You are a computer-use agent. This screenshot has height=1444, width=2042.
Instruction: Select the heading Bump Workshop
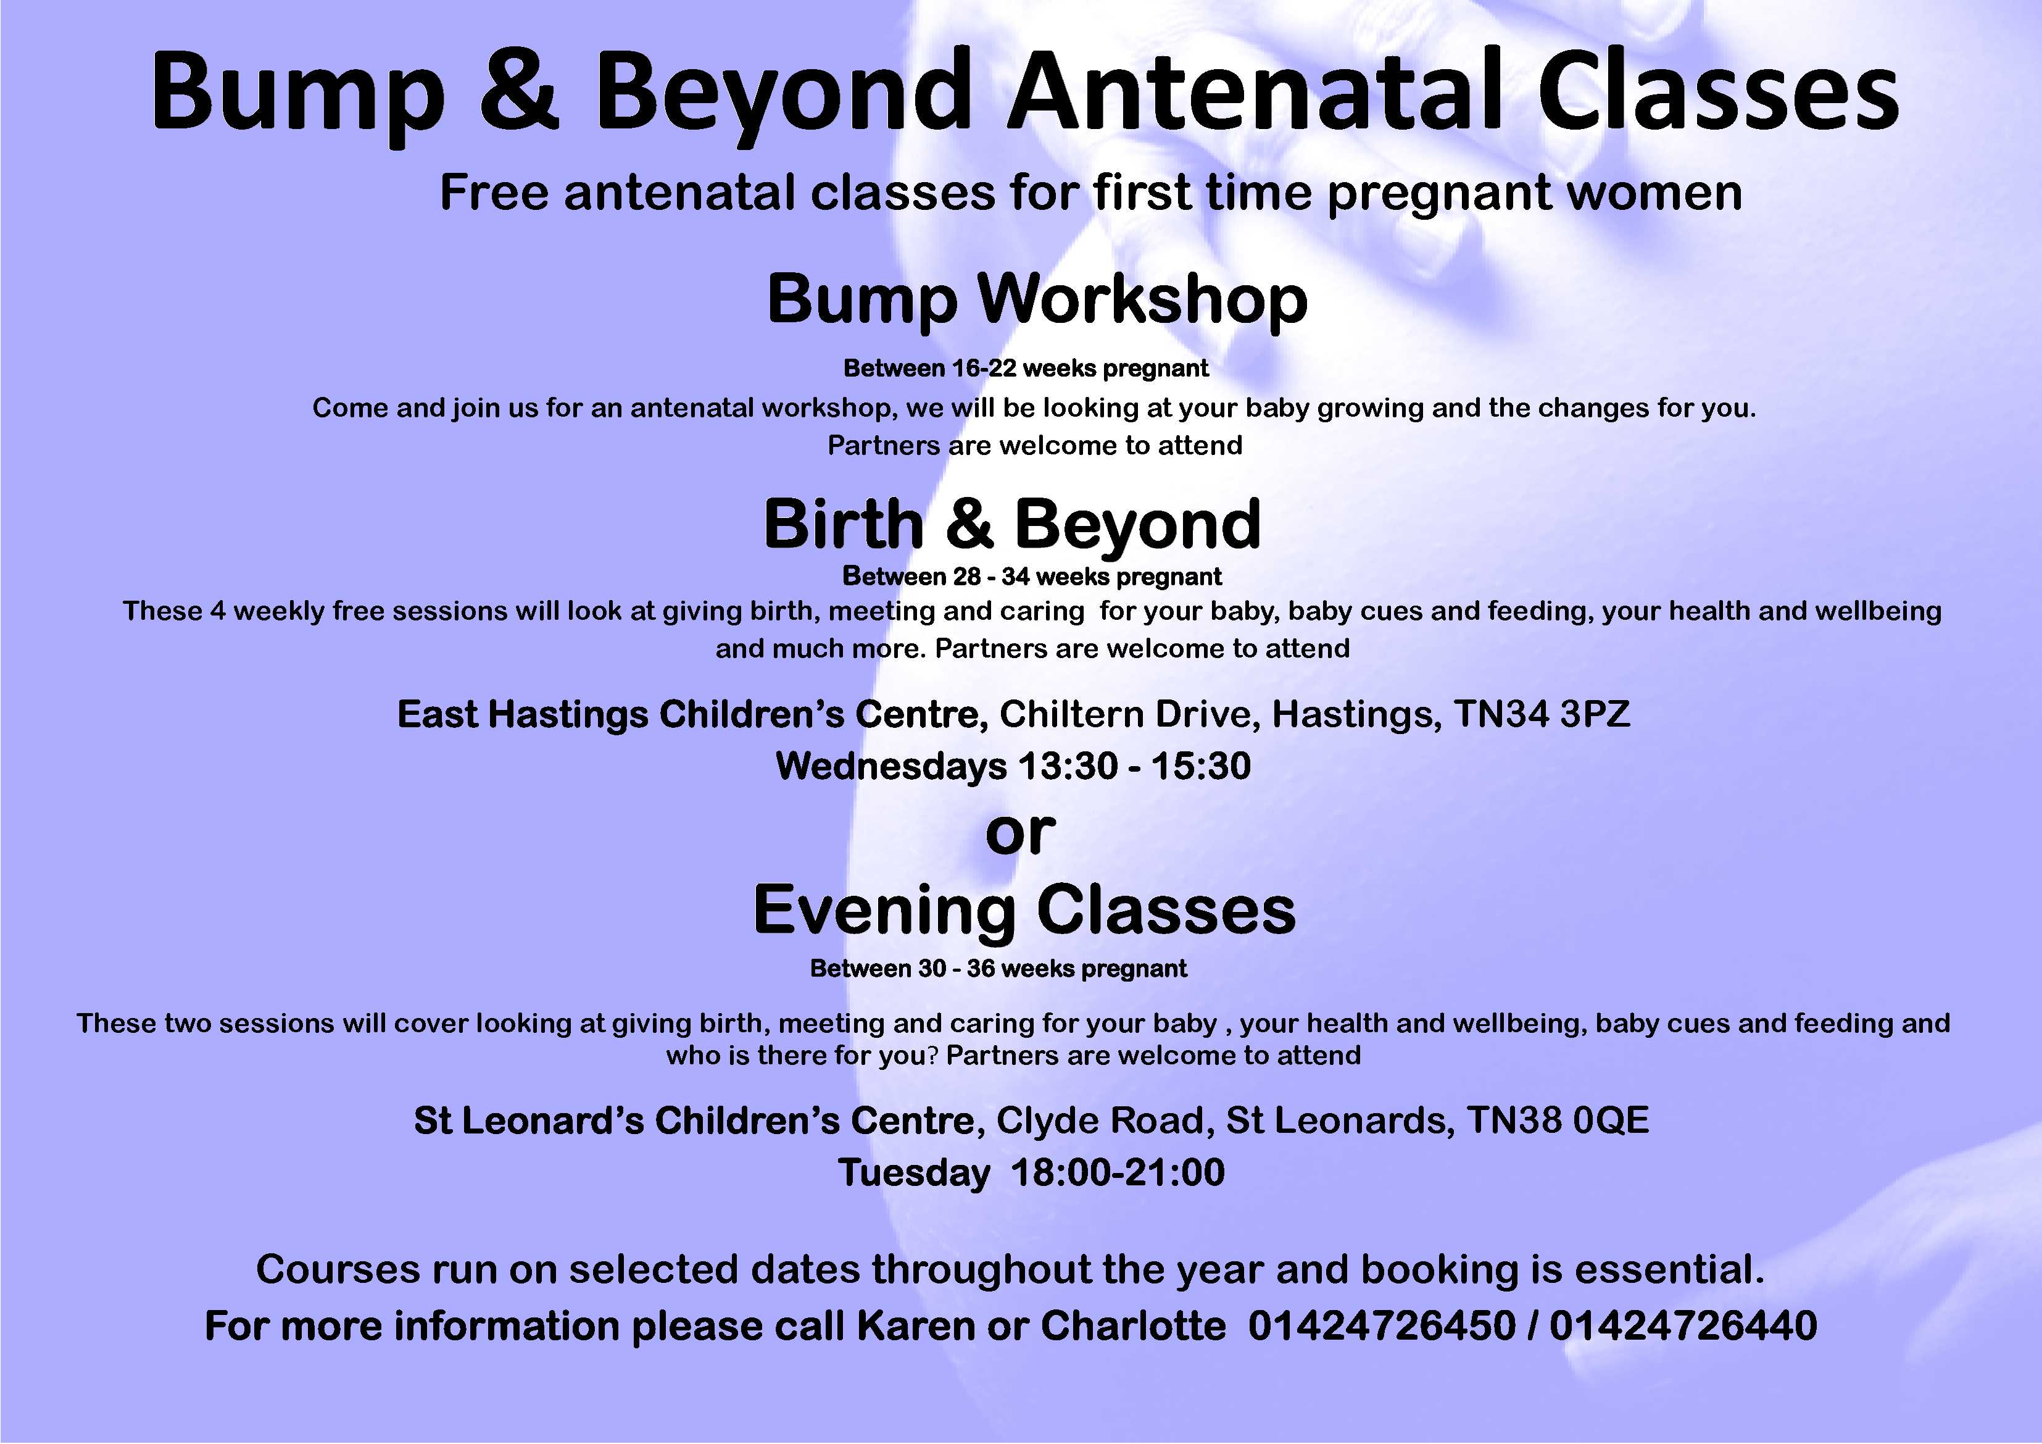click(x=1037, y=301)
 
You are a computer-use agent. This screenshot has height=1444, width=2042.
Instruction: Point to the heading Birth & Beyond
click(x=1012, y=524)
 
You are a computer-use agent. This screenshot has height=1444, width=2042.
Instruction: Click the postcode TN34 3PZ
click(x=1542, y=714)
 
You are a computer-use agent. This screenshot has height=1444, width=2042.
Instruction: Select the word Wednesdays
click(x=891, y=766)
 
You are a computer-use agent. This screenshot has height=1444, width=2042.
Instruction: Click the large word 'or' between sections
click(x=1020, y=833)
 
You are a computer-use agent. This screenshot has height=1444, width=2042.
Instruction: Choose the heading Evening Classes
click(x=1024, y=911)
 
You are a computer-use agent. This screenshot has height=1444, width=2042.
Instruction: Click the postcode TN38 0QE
click(x=1558, y=1120)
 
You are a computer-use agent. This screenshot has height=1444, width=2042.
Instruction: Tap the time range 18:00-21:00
click(x=1118, y=1172)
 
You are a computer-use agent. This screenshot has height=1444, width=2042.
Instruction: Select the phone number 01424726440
click(x=1683, y=1325)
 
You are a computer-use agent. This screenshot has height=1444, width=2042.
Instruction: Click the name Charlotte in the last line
click(x=1133, y=1325)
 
